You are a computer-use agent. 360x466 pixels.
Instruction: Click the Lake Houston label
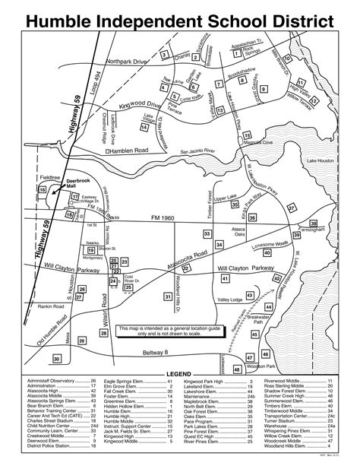click(x=321, y=160)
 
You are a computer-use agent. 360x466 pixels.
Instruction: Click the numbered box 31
click(x=168, y=296)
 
